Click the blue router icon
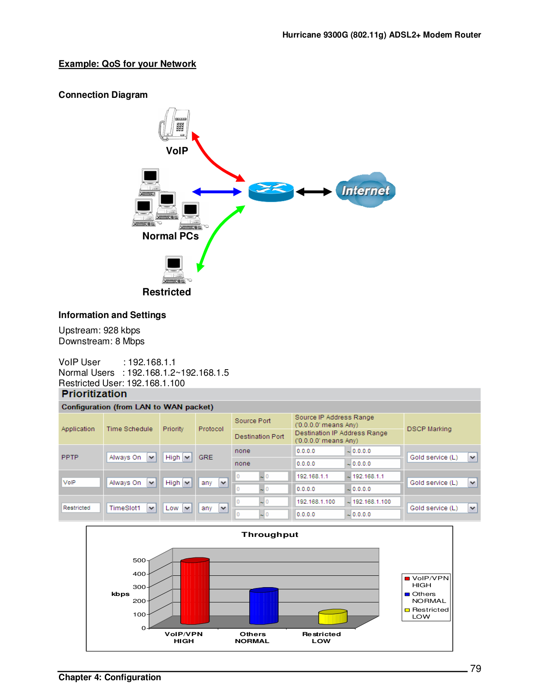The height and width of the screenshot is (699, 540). coord(271,192)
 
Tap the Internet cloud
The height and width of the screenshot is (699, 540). coord(365,190)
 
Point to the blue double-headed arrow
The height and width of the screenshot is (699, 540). coord(217,192)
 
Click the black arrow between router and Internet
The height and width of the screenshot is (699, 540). coord(313,192)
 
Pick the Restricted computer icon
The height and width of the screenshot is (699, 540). coord(175,270)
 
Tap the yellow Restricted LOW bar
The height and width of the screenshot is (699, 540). coord(333,616)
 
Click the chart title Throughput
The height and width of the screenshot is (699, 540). coord(270,534)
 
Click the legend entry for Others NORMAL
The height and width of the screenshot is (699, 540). coord(425,597)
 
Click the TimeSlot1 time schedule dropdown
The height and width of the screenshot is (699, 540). coord(131,508)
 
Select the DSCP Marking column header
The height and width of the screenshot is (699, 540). coord(429,429)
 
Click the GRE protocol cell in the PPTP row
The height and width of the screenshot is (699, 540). coord(206,457)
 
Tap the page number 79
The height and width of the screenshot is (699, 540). coord(475,668)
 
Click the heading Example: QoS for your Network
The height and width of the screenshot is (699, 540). coord(127,64)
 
